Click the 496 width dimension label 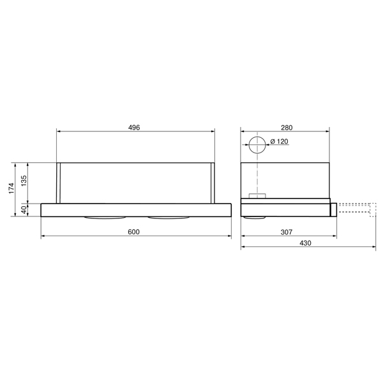(x=134, y=128)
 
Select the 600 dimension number (x=134, y=231)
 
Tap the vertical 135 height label (x=24, y=180)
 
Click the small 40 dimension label (x=24, y=209)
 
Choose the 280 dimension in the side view (x=285, y=128)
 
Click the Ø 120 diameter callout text (x=279, y=142)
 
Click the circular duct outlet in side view (x=257, y=145)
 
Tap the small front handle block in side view (x=333, y=209)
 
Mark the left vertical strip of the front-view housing (x=59, y=183)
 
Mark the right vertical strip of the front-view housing (x=212, y=183)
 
